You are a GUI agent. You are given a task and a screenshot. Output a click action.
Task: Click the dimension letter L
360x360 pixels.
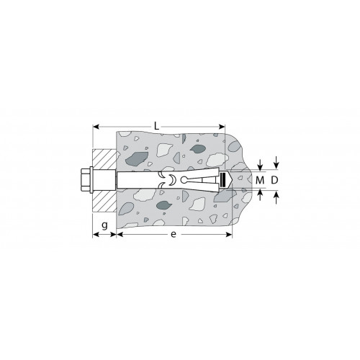tap(156, 126)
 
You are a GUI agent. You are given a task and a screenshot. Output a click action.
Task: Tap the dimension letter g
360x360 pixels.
tap(104, 225)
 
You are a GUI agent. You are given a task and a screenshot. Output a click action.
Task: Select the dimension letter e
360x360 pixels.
tap(174, 234)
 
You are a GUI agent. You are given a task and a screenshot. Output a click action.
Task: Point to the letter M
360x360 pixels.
tap(260, 180)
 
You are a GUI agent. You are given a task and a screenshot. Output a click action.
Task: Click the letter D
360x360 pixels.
tap(274, 180)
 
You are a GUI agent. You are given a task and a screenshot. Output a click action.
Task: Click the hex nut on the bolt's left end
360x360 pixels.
tap(85, 180)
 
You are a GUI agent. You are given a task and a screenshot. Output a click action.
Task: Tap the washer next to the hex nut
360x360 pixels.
tap(91, 180)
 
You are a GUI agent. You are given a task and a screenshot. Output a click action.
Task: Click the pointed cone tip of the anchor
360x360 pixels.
tap(230, 180)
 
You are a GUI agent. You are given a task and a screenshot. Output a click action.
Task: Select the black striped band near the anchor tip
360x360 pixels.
tap(223, 180)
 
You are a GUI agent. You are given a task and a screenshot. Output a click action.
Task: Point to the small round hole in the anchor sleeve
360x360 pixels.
tap(184, 180)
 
